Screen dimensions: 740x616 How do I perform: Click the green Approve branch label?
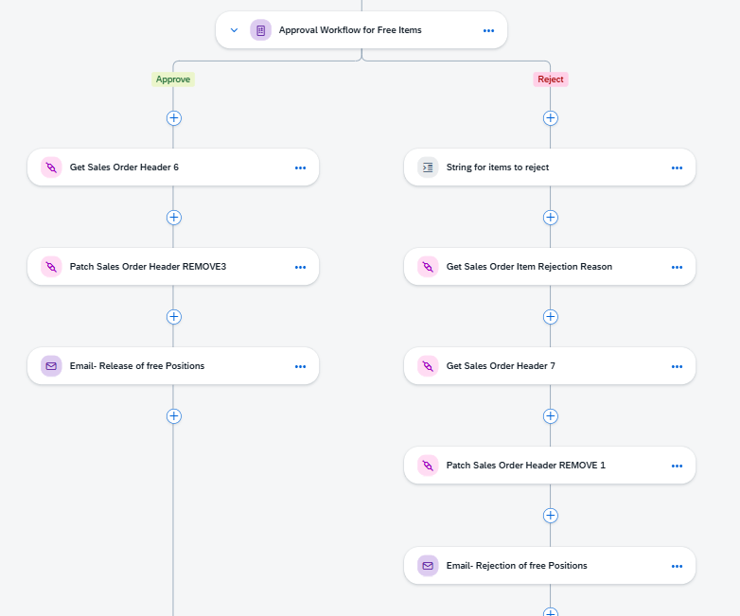tap(173, 79)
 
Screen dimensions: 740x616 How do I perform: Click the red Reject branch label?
tap(551, 79)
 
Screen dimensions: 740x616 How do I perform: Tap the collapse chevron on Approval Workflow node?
tap(234, 30)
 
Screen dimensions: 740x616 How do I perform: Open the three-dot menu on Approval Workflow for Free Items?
tap(488, 30)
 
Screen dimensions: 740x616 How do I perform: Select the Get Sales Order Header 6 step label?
tap(124, 167)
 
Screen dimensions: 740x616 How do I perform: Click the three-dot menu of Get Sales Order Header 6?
tap(300, 168)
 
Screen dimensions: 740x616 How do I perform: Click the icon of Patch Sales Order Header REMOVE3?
tap(51, 267)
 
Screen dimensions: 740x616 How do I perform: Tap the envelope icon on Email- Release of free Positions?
tap(51, 366)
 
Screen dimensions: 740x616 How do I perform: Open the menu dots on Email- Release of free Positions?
tap(300, 367)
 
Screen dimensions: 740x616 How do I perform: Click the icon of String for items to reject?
tap(428, 167)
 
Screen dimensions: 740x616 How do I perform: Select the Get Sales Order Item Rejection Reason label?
tap(529, 267)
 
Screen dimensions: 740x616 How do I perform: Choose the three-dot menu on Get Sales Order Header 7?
tap(677, 367)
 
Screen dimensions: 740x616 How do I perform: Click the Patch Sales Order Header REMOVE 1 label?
tap(526, 466)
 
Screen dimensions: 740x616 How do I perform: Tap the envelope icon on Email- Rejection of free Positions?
tap(428, 566)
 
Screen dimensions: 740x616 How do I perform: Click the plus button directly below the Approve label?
tap(174, 118)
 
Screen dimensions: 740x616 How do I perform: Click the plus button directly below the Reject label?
tap(551, 118)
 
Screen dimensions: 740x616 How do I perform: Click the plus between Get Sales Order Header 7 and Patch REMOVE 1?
tap(551, 415)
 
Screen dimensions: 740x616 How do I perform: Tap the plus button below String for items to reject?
tap(551, 217)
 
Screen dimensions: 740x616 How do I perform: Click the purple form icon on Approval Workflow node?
tap(260, 30)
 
